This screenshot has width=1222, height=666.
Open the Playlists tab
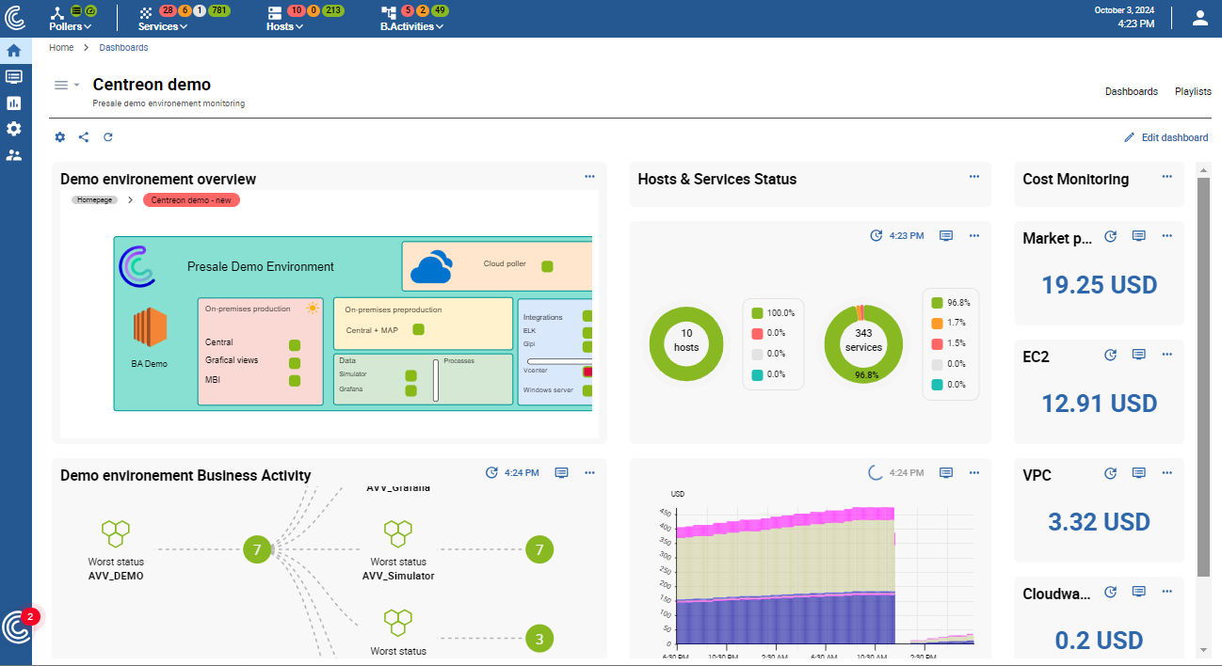pos(1193,91)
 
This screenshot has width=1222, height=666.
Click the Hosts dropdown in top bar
pos(284,26)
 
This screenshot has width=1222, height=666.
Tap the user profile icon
pos(1199,18)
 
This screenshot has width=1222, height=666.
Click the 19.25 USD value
pos(1099,285)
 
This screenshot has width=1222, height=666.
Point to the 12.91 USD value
pos(1099,404)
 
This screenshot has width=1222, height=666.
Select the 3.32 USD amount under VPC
pos(1099,522)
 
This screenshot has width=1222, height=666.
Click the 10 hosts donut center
pos(686,341)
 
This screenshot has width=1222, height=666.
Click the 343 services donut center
pos(862,341)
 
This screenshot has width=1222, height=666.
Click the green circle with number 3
pos(539,639)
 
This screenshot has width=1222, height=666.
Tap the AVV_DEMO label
pos(116,576)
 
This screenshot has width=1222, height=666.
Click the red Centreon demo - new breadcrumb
pos(191,200)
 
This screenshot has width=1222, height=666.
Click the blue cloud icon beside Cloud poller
pos(432,267)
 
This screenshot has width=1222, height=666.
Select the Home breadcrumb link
pos(61,47)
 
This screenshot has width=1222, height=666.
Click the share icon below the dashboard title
pos(84,137)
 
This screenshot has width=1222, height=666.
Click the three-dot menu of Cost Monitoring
pos(1166,176)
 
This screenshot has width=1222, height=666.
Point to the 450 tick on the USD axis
pos(665,513)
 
